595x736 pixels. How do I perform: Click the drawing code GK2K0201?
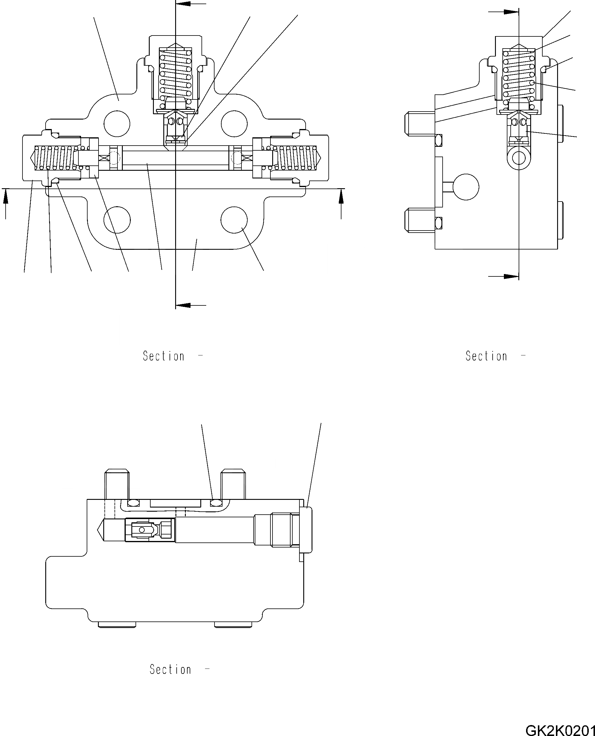click(560, 729)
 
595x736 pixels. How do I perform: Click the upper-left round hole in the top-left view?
click(117, 123)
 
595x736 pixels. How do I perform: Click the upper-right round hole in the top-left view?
click(234, 123)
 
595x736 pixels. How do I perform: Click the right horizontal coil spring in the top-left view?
click(297, 158)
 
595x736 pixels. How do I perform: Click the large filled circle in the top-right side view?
click(466, 187)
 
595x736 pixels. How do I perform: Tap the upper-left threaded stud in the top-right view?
click(420, 123)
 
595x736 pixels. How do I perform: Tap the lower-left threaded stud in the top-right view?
click(420, 220)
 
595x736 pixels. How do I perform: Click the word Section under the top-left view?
click(164, 356)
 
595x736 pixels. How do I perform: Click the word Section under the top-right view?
click(486, 356)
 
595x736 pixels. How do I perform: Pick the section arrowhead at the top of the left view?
click(183, 4)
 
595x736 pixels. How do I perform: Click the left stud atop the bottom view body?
click(117, 484)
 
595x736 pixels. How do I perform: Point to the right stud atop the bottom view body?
click(233, 484)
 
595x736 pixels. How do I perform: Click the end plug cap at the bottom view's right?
click(306, 530)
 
